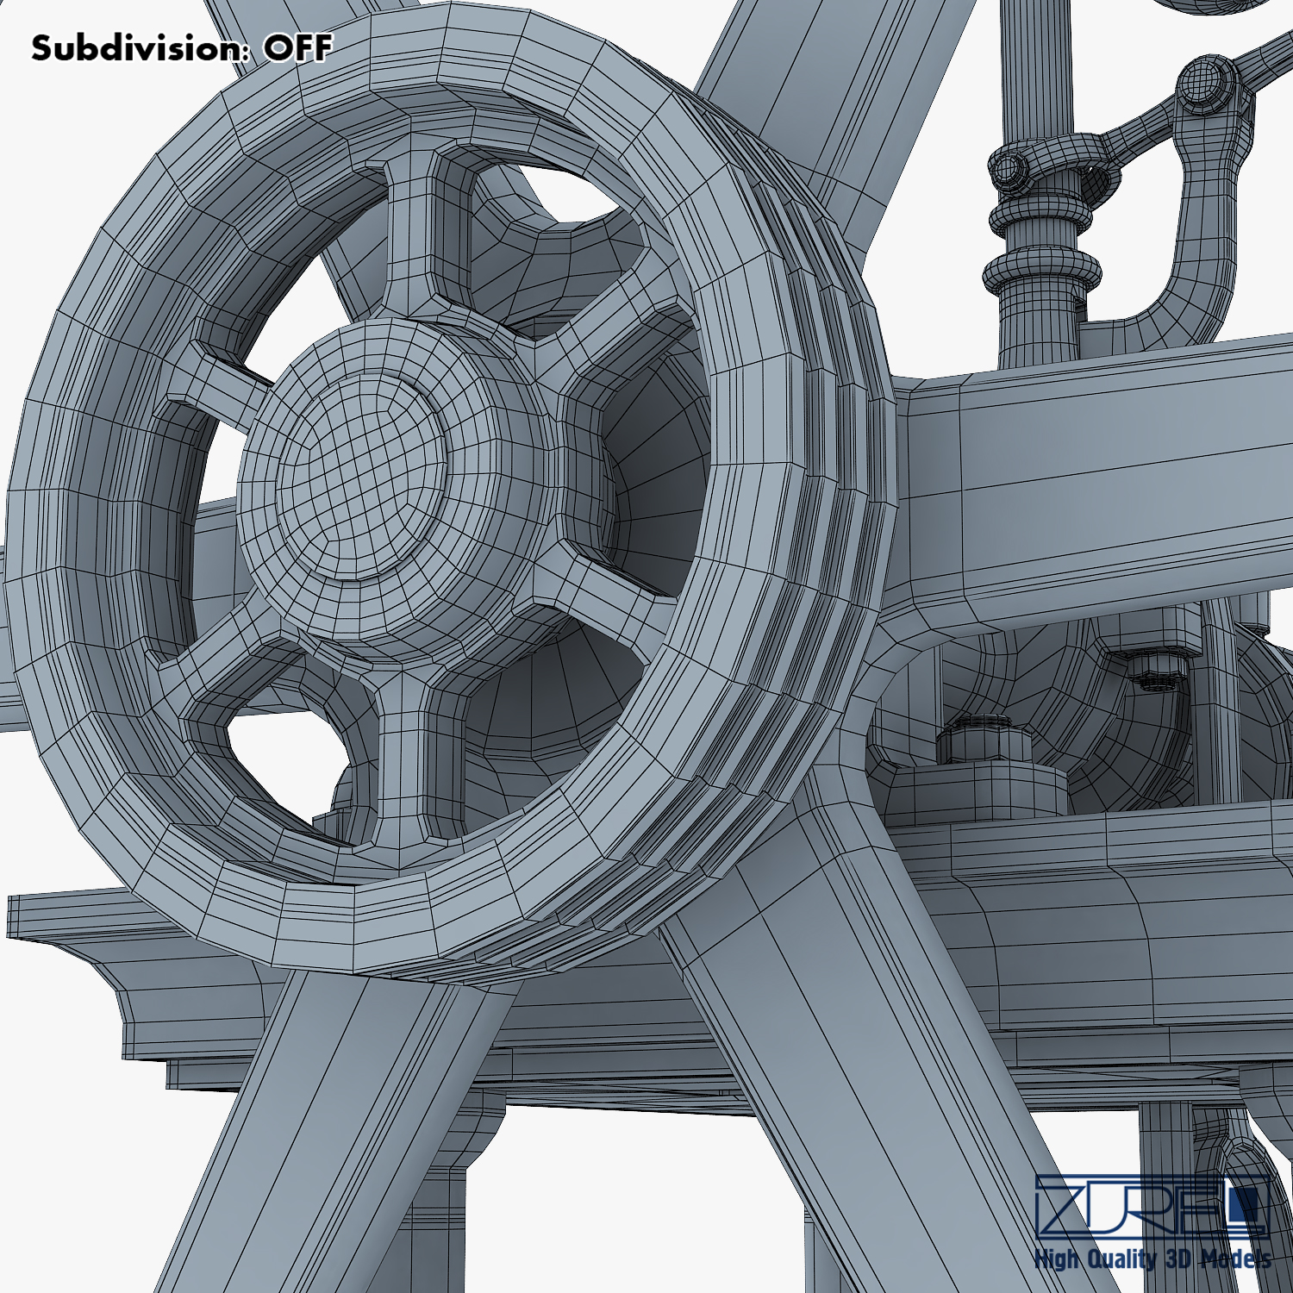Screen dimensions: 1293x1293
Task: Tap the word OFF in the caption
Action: click(x=297, y=48)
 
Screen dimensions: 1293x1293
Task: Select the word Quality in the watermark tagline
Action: click(x=1117, y=1259)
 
